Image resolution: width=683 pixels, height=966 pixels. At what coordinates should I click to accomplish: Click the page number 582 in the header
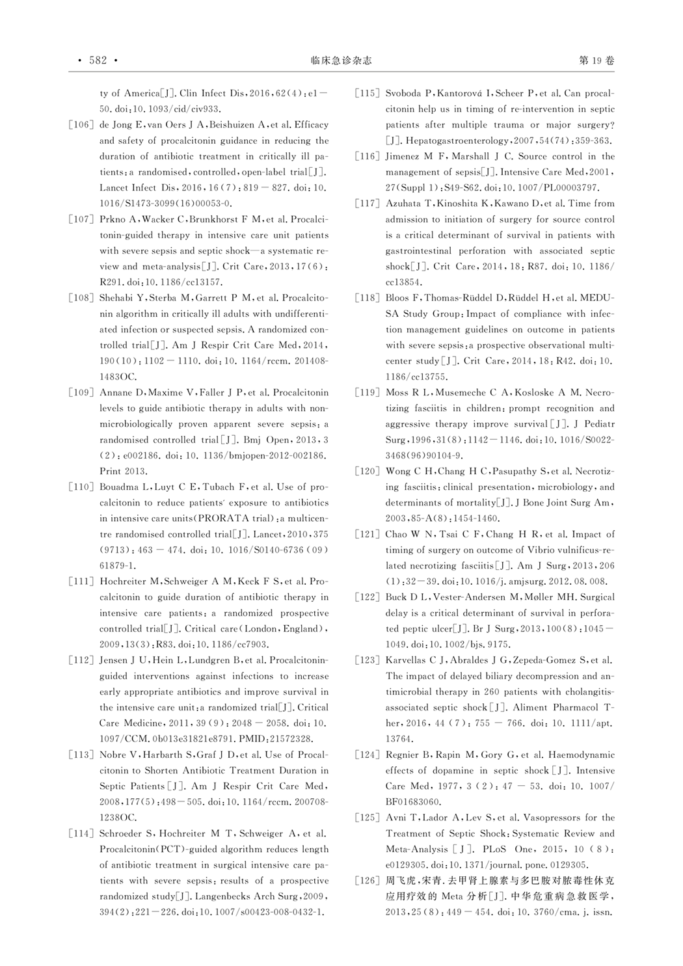click(x=98, y=60)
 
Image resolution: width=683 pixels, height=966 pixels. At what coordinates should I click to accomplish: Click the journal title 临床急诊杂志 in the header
click(x=341, y=60)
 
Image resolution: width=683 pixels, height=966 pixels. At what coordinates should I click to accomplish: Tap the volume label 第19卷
click(x=596, y=60)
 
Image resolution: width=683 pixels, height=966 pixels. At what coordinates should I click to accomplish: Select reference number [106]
click(x=81, y=125)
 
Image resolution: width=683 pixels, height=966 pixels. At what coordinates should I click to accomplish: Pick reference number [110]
click(x=81, y=487)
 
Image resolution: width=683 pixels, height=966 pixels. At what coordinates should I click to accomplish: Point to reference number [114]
click(x=81, y=834)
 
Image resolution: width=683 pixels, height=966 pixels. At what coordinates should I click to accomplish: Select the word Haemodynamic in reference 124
click(x=582, y=755)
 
